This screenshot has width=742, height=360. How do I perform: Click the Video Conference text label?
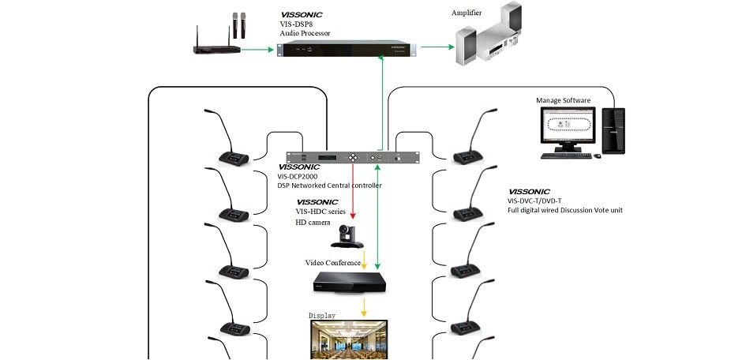pos(333,262)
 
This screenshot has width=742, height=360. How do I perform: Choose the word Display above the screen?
pos(322,316)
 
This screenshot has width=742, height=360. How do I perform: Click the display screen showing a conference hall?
pos(347,339)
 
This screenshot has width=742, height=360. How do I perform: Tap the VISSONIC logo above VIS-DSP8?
pos(302,14)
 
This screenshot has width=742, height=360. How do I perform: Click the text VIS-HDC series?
pos(321,212)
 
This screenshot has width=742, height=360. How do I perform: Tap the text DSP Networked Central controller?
pos(329,186)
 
